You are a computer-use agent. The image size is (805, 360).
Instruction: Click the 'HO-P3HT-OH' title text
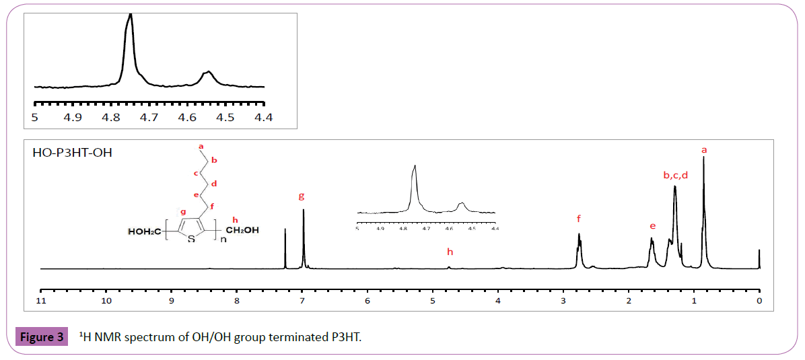point(72,153)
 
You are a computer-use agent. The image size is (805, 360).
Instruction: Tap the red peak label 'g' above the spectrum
point(302,196)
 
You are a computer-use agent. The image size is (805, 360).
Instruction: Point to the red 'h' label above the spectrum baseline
point(450,252)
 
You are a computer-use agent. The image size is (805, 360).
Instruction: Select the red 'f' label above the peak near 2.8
point(578,218)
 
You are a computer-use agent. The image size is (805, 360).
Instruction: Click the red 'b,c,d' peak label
point(675,175)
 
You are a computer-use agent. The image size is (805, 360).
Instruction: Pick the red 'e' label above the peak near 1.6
point(652,225)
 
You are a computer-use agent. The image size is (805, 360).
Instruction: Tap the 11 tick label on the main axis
point(41,301)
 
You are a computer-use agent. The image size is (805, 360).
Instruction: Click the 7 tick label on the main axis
point(302,301)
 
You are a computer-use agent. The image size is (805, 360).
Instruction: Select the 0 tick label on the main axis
point(759,301)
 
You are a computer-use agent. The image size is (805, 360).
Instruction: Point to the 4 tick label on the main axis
point(498,301)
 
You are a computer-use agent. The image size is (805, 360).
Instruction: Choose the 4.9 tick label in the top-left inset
point(72,117)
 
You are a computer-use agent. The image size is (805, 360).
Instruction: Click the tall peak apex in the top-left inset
point(130,15)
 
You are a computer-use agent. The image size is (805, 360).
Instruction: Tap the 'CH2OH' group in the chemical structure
point(241,231)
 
